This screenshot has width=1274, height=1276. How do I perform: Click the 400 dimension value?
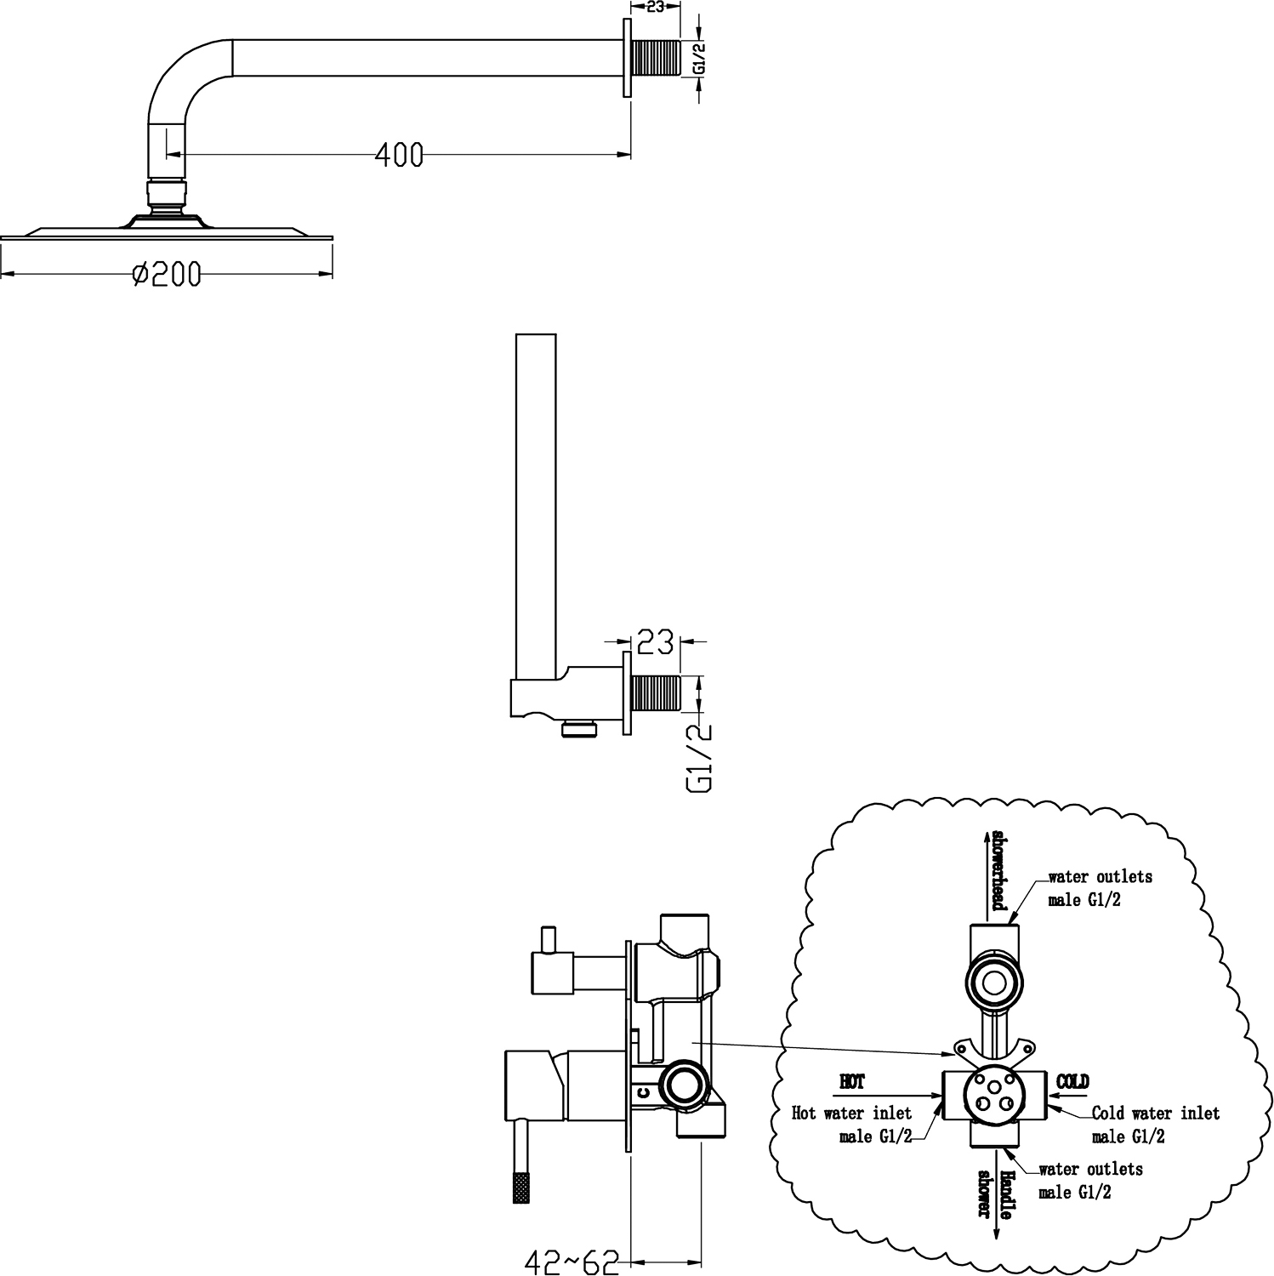point(399,155)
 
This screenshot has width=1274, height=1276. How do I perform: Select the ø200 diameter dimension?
point(168,274)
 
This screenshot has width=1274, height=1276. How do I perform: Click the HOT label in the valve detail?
point(851,1082)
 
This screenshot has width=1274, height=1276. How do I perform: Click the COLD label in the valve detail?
point(1072,1082)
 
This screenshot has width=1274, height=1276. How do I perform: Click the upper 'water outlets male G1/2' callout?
point(1099,887)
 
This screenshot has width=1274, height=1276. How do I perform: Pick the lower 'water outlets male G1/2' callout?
point(1090,1181)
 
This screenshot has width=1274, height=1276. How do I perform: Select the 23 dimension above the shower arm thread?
point(656,6)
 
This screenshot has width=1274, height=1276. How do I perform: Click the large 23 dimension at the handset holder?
point(655,642)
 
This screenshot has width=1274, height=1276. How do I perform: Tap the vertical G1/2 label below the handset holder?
point(699,756)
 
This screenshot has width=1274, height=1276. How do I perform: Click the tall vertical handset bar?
point(536,502)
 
